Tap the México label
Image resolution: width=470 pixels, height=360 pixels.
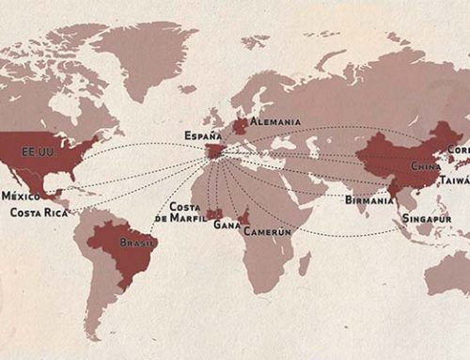point(20,196)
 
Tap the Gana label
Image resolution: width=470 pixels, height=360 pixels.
point(227,225)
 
